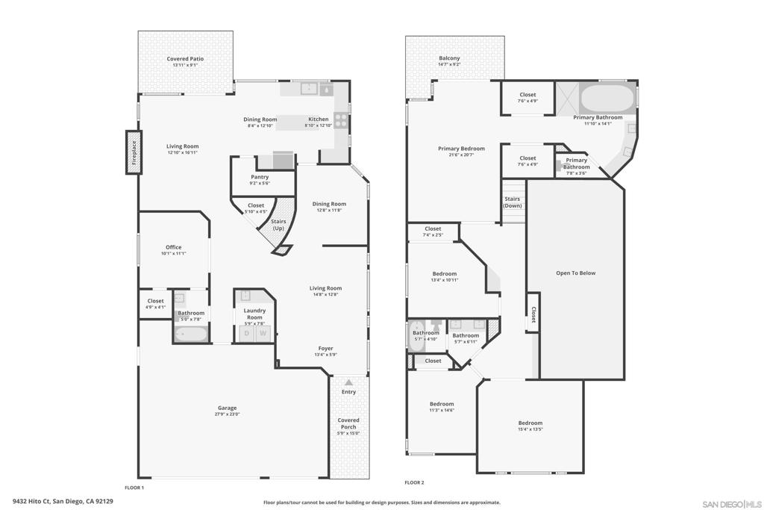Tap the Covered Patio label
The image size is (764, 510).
pyautogui.click(x=185, y=58)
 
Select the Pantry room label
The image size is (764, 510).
pyautogui.click(x=260, y=177)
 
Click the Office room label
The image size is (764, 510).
pyautogui.click(x=173, y=247)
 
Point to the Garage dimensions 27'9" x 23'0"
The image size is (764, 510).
pyautogui.click(x=227, y=414)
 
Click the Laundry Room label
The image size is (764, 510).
pyautogui.click(x=254, y=314)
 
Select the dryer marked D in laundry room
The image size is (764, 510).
pyautogui.click(x=247, y=333)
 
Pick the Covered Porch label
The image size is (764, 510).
pyautogui.click(x=348, y=423)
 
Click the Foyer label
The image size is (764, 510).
pyautogui.click(x=325, y=348)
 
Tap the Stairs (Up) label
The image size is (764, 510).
pyautogui.click(x=278, y=224)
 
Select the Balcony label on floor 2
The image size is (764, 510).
pyautogui.click(x=449, y=58)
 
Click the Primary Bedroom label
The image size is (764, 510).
pyautogui.click(x=461, y=149)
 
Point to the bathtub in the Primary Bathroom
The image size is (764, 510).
pyautogui.click(x=607, y=99)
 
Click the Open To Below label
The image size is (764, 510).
pyautogui.click(x=575, y=273)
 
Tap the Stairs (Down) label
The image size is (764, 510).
pyautogui.click(x=513, y=202)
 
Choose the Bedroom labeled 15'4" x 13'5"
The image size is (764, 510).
pyautogui.click(x=530, y=423)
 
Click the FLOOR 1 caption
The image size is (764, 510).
pyautogui.click(x=134, y=488)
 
